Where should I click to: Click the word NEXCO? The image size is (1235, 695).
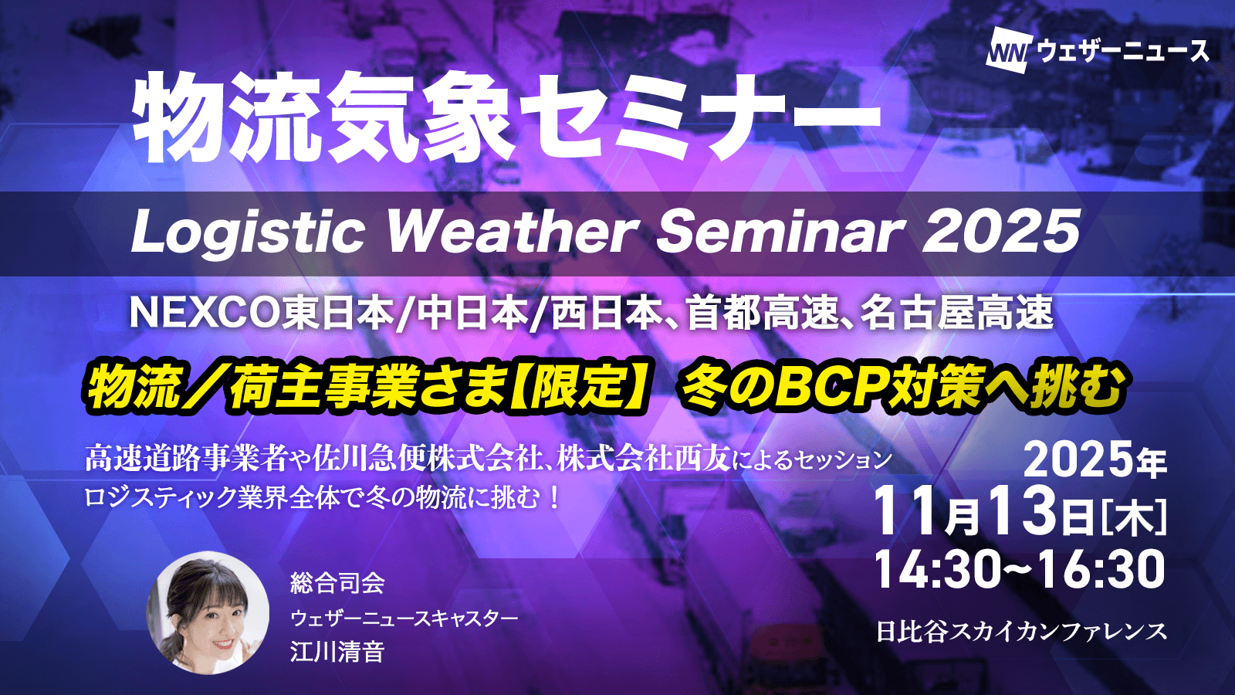[x=205, y=314]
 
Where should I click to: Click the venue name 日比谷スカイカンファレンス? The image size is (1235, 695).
[x=1022, y=632]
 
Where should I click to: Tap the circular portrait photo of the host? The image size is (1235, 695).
[x=208, y=612]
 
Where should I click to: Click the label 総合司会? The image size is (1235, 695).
[x=337, y=584]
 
